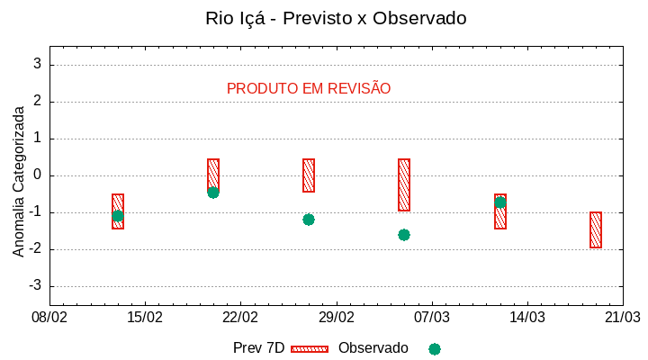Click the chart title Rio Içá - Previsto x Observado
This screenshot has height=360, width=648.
tap(336, 18)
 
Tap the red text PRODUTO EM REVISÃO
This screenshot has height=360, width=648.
tap(309, 89)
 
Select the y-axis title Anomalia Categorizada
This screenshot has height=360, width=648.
tap(19, 180)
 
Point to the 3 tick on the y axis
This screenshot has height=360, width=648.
tap(38, 65)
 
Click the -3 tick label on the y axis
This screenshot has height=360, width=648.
tap(35, 286)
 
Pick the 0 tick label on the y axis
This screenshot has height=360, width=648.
tap(38, 175)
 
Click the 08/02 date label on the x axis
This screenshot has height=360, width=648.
tap(49, 317)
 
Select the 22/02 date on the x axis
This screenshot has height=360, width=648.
tap(240, 317)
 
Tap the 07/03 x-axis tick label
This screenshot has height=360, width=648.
tap(431, 317)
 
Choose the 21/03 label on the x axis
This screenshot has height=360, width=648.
tap(622, 317)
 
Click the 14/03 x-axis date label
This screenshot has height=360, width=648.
tap(526, 317)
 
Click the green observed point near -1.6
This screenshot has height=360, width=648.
tap(404, 235)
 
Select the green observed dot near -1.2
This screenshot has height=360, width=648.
tap(309, 220)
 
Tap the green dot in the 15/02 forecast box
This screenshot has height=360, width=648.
tap(118, 216)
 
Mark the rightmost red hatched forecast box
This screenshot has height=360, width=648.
tap(596, 229)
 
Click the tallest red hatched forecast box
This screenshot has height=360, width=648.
tap(404, 184)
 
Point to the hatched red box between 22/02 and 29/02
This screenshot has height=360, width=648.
tap(309, 175)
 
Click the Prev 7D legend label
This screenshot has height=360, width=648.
tap(258, 348)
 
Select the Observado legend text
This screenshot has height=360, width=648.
tap(373, 348)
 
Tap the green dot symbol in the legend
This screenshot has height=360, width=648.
tap(435, 349)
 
